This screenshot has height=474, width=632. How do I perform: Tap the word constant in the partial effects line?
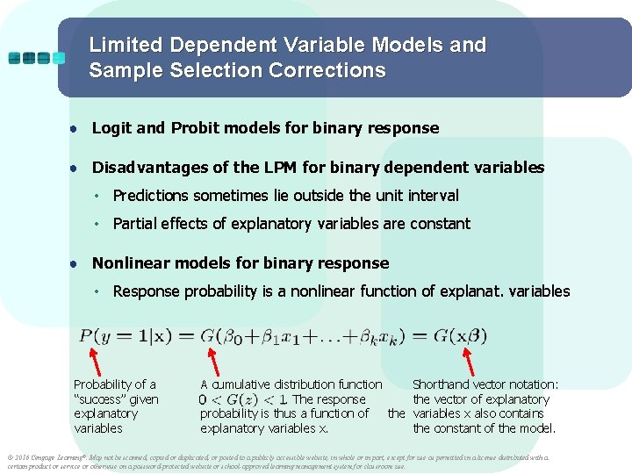[439, 224]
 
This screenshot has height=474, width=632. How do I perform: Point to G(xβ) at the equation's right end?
[456, 335]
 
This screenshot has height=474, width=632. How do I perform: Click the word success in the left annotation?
[103, 399]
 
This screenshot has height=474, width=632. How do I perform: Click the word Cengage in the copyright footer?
[47, 457]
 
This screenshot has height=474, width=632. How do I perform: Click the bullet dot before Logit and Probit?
[76, 129]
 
